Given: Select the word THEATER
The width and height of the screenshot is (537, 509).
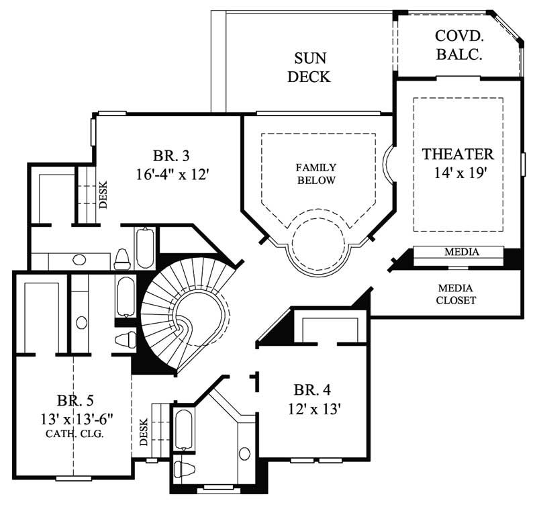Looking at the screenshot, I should click(x=458, y=154).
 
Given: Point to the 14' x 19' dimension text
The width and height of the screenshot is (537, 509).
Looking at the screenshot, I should click(x=459, y=173).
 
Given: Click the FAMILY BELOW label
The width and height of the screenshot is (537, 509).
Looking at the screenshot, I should click(x=317, y=174).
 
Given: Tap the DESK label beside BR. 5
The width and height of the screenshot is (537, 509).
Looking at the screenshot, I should click(x=143, y=432).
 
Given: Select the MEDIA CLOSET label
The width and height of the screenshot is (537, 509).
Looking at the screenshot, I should click(x=457, y=294).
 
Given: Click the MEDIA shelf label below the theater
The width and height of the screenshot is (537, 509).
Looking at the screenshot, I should click(x=461, y=252).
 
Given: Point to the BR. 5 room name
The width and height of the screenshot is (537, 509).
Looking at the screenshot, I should click(x=75, y=402).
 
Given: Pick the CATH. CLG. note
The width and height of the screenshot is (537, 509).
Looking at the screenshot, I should click(x=75, y=433).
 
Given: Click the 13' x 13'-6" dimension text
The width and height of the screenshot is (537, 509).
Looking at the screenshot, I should click(x=75, y=419).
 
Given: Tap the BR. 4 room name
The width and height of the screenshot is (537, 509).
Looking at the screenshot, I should click(x=312, y=389).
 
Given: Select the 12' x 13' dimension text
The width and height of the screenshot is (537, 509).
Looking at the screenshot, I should click(x=312, y=408).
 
